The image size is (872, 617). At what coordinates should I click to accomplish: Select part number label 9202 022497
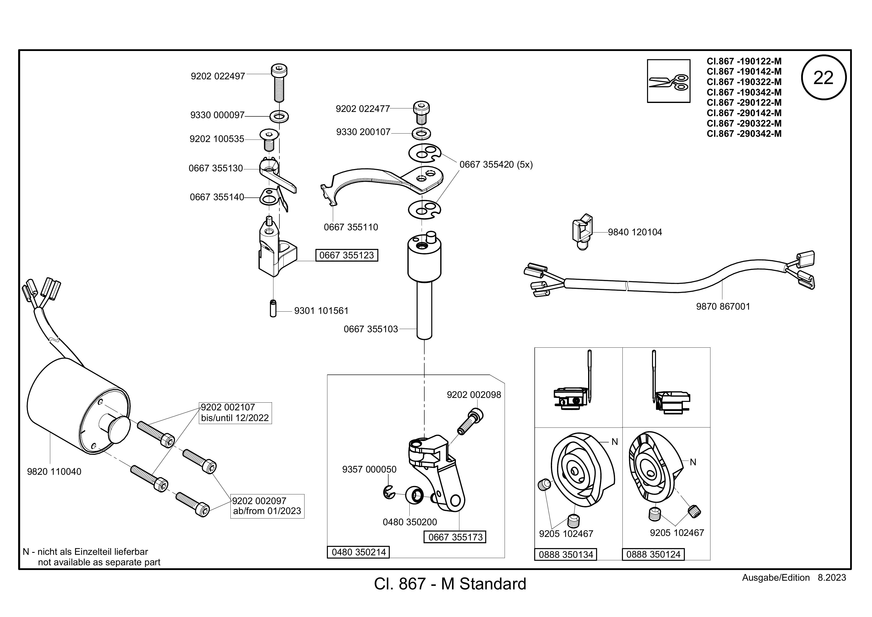(218, 76)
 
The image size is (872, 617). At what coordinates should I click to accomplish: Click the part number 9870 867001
(723, 307)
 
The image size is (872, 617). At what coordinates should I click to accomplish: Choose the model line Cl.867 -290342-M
(744, 134)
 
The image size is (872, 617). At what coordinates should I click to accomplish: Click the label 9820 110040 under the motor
(54, 472)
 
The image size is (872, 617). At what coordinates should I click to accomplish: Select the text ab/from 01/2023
(267, 511)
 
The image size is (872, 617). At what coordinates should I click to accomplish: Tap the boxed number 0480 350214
(358, 552)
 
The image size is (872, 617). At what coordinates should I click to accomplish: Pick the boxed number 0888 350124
(653, 554)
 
